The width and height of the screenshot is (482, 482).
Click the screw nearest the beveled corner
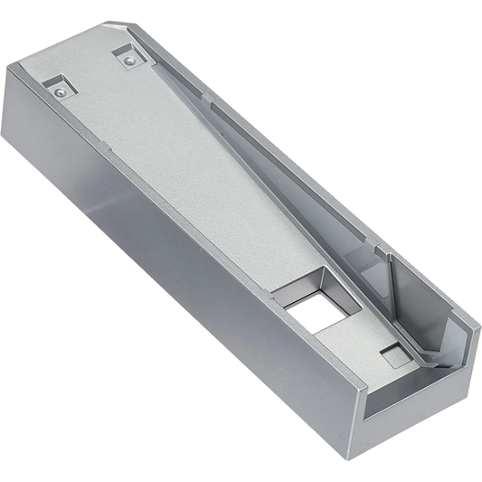[130, 60]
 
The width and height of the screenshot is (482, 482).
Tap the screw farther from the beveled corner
[60, 91]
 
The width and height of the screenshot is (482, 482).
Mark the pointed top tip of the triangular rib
[389, 256]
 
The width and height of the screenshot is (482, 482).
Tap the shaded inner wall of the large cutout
[298, 294]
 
